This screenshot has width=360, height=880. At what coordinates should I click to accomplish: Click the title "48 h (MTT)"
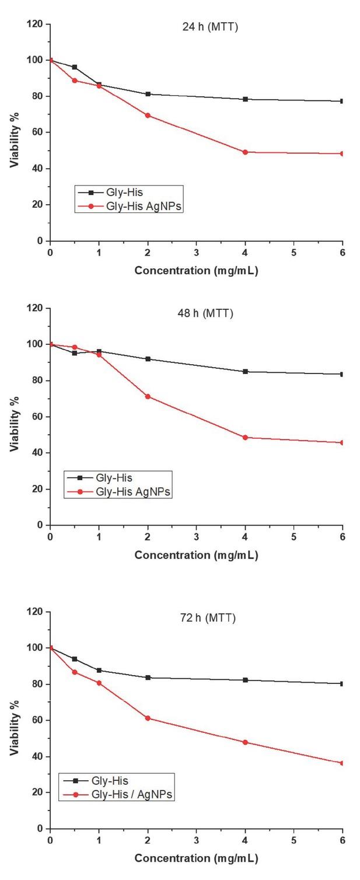tap(205, 313)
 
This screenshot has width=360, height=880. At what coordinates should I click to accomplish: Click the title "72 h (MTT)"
tap(208, 618)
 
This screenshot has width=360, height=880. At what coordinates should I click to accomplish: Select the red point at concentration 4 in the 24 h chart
tap(245, 152)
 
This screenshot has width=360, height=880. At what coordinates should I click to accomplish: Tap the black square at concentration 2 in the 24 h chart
tap(148, 94)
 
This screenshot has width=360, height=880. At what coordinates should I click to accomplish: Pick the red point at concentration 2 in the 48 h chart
tap(148, 397)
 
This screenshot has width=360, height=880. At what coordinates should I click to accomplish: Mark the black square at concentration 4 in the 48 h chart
tap(245, 372)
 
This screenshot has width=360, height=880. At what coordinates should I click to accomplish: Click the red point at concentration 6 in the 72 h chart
tap(342, 763)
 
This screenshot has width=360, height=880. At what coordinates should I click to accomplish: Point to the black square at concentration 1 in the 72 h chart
tap(99, 671)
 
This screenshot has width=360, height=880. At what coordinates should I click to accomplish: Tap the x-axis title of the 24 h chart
tap(196, 271)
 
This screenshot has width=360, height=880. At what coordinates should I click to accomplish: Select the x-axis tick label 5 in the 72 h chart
tap(293, 840)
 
